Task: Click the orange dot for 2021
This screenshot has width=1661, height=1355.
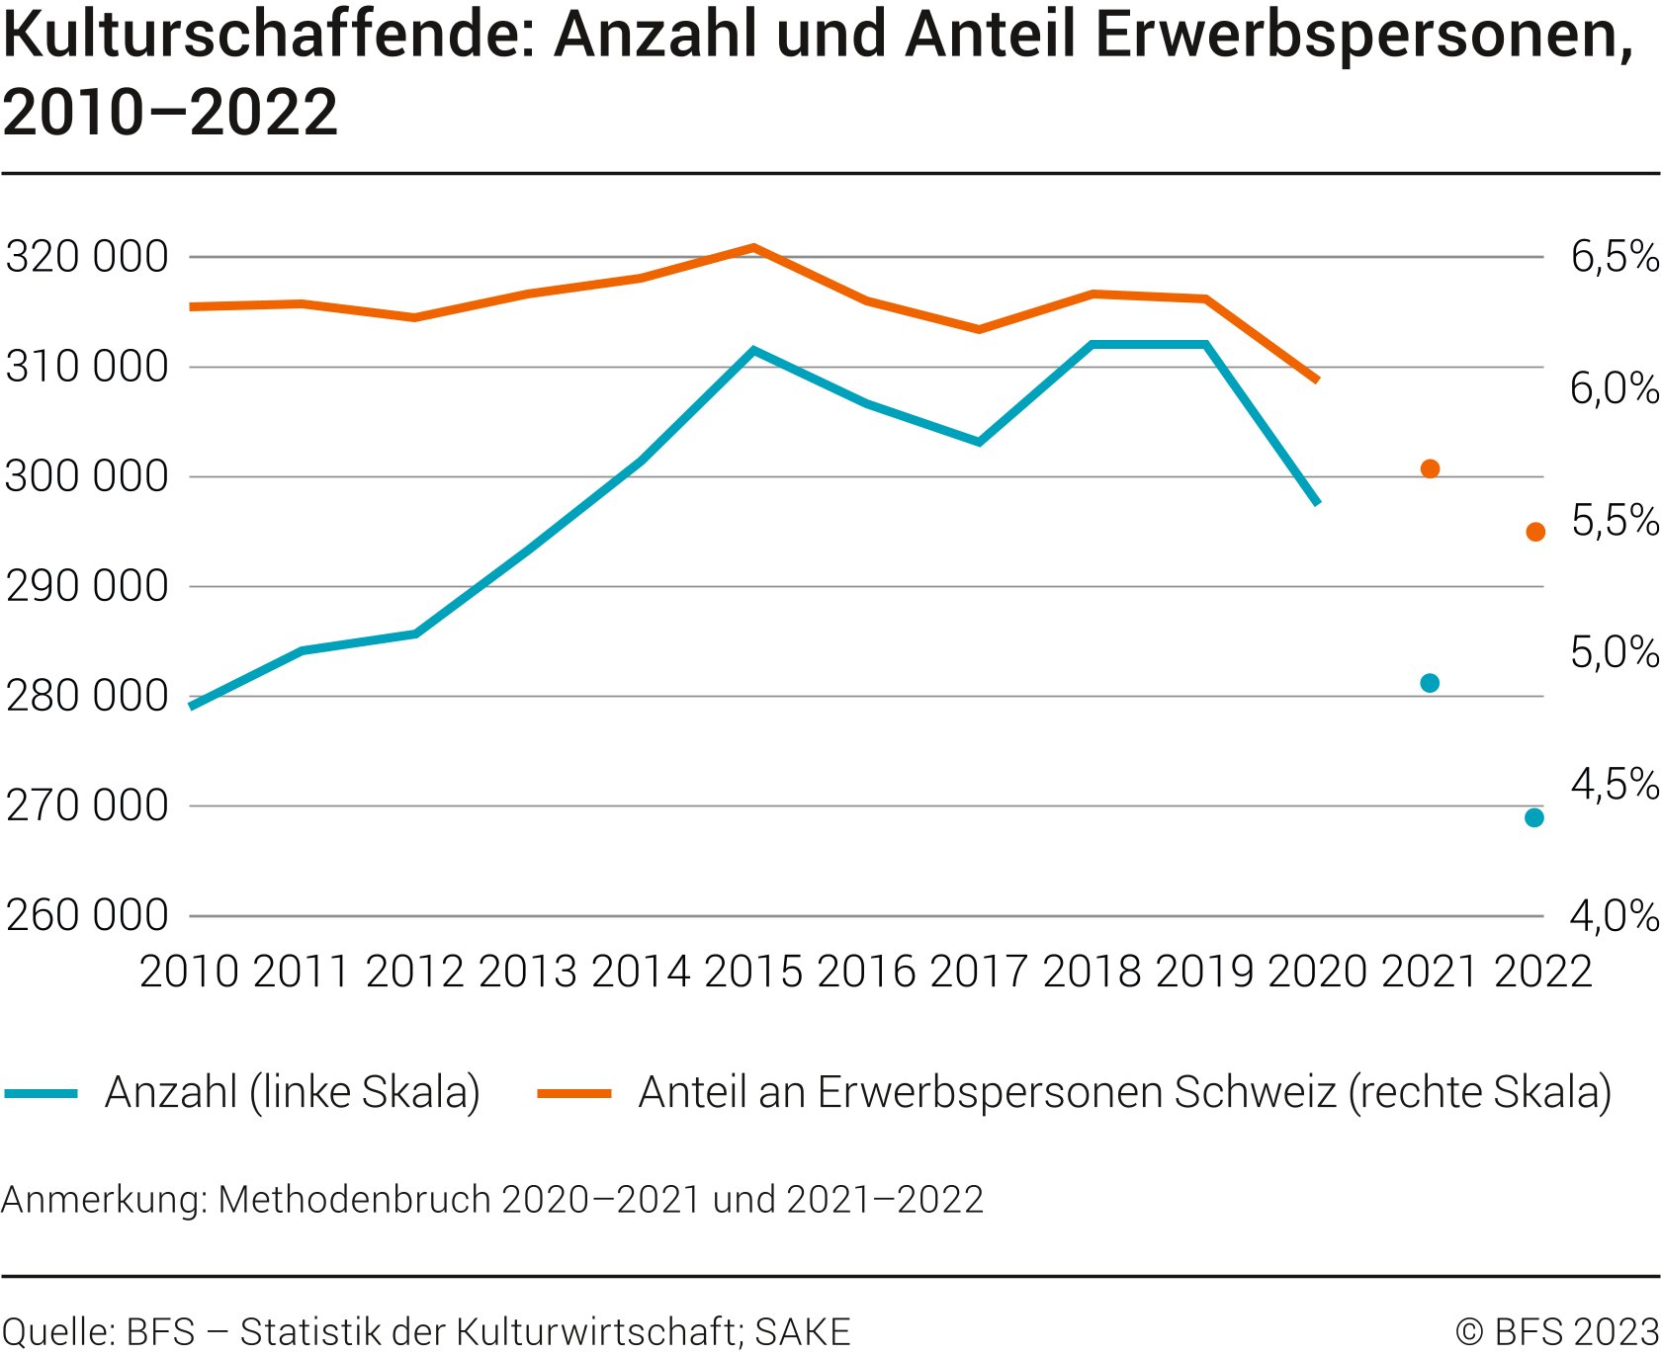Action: click(1430, 468)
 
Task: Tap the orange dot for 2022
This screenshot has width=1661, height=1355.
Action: click(1535, 532)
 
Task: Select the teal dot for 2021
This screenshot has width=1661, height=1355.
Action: click(1430, 683)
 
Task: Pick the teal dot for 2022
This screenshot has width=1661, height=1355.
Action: click(1534, 817)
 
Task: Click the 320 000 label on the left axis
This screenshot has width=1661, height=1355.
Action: click(87, 257)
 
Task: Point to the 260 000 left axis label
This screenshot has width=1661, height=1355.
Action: click(87, 916)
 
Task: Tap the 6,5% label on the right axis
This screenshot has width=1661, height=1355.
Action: click(1615, 257)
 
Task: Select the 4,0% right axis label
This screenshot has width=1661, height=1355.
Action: click(1615, 916)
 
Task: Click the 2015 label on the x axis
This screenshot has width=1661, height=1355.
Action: click(753, 972)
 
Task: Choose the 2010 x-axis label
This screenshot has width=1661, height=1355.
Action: click(189, 972)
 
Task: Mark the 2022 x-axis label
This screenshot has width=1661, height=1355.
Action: click(1542, 972)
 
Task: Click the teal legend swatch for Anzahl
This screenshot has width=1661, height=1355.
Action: click(42, 1093)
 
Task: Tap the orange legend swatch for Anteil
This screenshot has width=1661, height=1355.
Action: click(574, 1093)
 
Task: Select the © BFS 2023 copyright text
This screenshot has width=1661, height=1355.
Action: click(1556, 1331)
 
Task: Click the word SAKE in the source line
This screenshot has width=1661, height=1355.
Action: click(803, 1331)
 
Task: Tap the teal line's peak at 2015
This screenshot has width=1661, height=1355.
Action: click(753, 350)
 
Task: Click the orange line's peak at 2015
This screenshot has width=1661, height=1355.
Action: click(753, 247)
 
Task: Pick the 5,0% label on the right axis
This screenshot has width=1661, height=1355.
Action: click(1615, 652)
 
